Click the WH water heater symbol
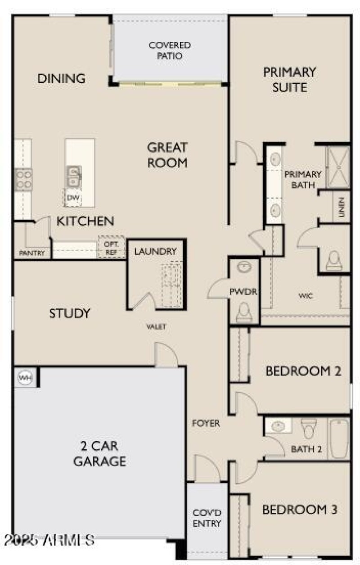[25, 378]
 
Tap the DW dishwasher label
[72, 198]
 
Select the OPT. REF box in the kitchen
[111, 247]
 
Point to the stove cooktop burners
[23, 179]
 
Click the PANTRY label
[32, 253]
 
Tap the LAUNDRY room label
[155, 251]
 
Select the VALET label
[156, 327]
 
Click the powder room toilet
[243, 311]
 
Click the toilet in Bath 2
[309, 429]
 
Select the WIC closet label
[306, 296]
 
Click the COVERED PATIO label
[170, 51]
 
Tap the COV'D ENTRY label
[207, 518]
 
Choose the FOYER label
[206, 423]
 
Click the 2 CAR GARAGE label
[100, 454]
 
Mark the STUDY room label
[70, 313]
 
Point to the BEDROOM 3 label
[300, 510]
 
